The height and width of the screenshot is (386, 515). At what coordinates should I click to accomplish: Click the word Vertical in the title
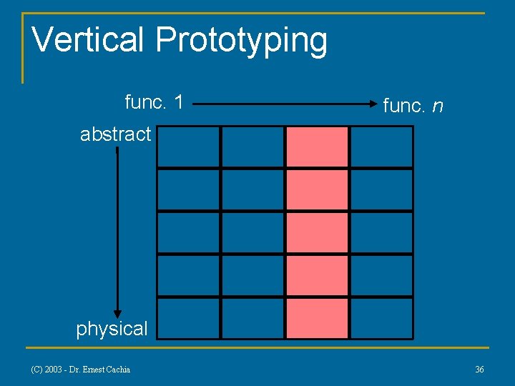click(x=89, y=40)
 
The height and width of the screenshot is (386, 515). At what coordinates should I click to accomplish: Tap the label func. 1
click(x=154, y=102)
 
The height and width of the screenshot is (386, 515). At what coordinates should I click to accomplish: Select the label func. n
click(x=413, y=106)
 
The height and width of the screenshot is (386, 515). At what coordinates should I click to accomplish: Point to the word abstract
click(x=115, y=134)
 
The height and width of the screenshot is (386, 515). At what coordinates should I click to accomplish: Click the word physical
click(x=112, y=329)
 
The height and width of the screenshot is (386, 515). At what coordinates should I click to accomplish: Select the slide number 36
click(x=479, y=369)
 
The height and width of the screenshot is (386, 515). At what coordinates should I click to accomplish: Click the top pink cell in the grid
click(x=317, y=147)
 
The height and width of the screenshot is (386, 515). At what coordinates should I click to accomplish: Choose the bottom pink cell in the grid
click(x=317, y=318)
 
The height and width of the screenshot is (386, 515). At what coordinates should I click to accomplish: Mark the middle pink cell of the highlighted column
click(x=317, y=232)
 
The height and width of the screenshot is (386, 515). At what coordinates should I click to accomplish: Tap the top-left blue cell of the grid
click(x=188, y=147)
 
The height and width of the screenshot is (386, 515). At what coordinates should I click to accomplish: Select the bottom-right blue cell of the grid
click(x=381, y=318)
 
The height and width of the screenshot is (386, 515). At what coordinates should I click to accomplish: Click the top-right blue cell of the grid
click(x=381, y=147)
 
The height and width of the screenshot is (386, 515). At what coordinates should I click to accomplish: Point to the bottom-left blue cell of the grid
click(x=188, y=318)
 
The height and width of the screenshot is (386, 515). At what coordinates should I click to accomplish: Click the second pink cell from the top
click(x=317, y=189)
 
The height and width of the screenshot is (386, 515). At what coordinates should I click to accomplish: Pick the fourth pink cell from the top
click(x=317, y=275)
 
